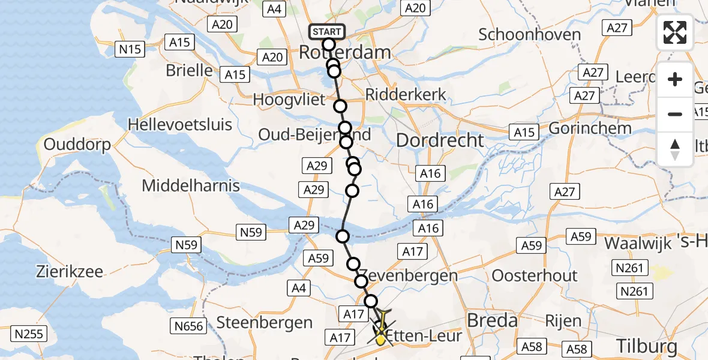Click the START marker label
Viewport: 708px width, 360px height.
(x=326, y=31)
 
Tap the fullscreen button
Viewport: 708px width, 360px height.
(x=675, y=32)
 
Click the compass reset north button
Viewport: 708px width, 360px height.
(x=675, y=149)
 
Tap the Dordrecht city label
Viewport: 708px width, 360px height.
(x=440, y=140)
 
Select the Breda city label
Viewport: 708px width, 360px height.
(x=492, y=320)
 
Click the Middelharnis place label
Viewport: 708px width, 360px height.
(x=191, y=186)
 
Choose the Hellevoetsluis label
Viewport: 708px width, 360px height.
(x=180, y=125)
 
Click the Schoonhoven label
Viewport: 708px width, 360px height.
(x=530, y=35)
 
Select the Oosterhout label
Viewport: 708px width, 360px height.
(x=535, y=276)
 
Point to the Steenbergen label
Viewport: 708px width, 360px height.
(x=265, y=323)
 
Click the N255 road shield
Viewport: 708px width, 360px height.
(x=29, y=334)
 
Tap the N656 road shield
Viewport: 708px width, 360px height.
(x=188, y=326)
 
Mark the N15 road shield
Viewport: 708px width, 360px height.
(x=130, y=49)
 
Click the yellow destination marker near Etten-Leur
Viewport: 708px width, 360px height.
(x=380, y=340)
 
